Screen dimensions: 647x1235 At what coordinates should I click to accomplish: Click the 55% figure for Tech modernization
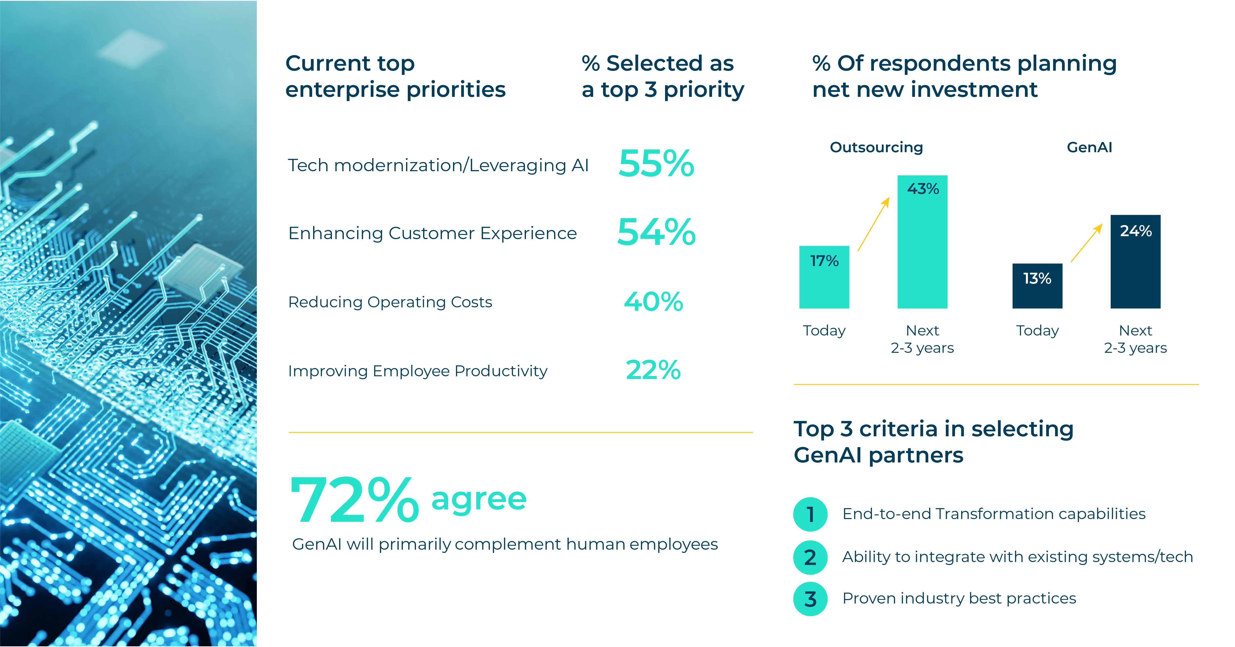click(656, 164)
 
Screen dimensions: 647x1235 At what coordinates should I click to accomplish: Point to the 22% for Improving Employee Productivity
click(653, 370)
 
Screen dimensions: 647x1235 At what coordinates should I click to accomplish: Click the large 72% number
click(354, 500)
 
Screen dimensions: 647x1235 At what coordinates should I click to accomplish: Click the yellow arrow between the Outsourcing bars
click(873, 224)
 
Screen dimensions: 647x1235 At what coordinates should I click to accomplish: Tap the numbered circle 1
click(810, 514)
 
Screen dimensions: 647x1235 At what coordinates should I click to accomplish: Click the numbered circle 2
click(810, 557)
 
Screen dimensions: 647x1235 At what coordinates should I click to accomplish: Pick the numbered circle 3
click(810, 599)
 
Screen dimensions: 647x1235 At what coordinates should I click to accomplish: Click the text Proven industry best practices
click(959, 598)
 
